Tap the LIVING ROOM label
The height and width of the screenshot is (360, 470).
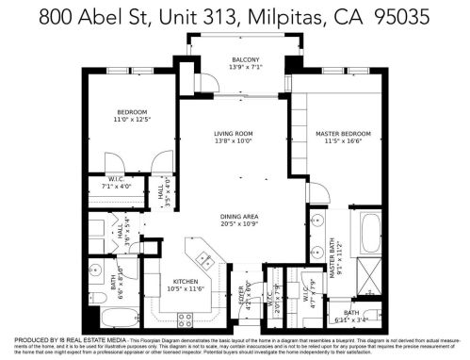(x=235, y=135)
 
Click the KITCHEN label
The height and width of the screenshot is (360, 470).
(x=182, y=280)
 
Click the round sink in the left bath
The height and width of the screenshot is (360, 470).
(x=97, y=272)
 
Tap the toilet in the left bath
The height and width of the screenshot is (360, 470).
(x=98, y=299)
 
